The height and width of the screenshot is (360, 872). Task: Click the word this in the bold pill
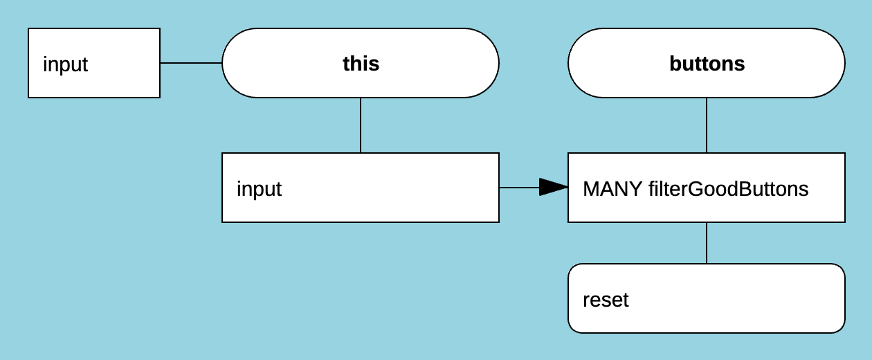coord(361,64)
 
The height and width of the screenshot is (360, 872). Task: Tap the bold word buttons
coord(707,64)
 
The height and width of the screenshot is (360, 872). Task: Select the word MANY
coord(612,189)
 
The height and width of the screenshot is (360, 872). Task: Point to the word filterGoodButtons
coord(728,189)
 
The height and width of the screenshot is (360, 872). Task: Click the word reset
coord(606,300)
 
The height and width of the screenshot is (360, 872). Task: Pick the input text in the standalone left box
coord(66,64)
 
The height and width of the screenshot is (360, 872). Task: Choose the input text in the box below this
coord(259,189)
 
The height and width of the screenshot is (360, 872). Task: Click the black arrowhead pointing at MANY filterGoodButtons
coord(554,188)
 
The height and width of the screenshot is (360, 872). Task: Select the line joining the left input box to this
coord(191,63)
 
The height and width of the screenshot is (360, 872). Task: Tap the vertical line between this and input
coord(361,125)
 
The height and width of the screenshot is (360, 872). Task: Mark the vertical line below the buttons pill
coord(707,125)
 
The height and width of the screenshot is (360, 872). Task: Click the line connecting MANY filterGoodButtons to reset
coord(707,243)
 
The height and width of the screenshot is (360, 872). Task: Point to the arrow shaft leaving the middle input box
coord(519,188)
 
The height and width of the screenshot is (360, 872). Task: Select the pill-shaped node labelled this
coord(429,64)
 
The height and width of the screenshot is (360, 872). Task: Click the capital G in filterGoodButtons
coord(697,189)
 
